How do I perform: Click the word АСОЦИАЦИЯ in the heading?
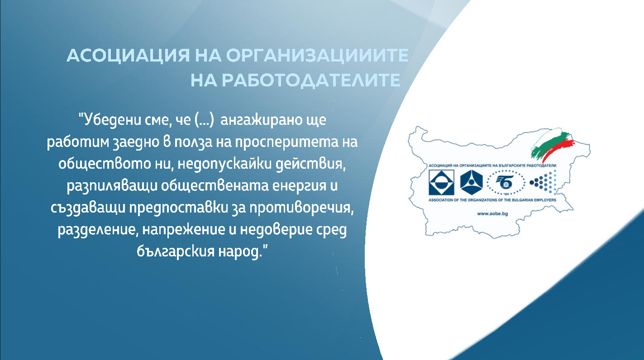(x=128, y=55)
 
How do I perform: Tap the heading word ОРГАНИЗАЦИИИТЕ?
(x=317, y=55)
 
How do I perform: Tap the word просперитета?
(x=286, y=142)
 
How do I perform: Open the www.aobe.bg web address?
(x=492, y=214)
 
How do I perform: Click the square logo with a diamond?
(x=441, y=182)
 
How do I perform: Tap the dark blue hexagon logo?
(x=471, y=182)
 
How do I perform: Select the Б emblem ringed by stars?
(x=506, y=182)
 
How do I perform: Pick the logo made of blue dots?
(x=543, y=182)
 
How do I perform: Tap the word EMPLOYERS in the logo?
(x=545, y=200)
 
